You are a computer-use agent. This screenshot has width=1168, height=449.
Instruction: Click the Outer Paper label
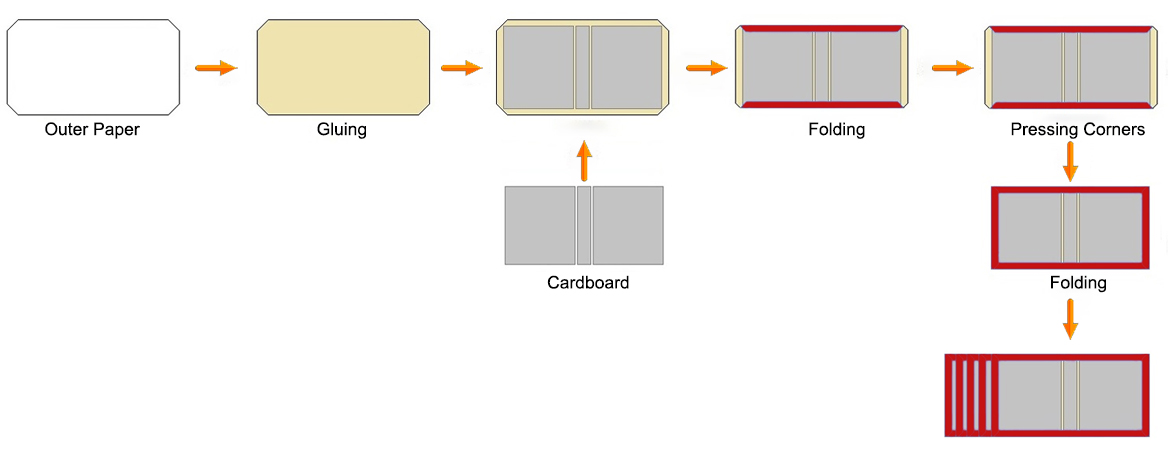click(x=92, y=130)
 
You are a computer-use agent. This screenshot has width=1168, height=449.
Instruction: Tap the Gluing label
click(x=341, y=130)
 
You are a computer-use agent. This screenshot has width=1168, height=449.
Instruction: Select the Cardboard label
click(x=588, y=283)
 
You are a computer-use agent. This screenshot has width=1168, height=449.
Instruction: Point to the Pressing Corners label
click(x=1077, y=130)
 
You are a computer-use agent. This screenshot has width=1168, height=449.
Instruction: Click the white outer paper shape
click(x=93, y=67)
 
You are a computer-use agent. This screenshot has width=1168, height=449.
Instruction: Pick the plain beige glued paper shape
click(x=343, y=67)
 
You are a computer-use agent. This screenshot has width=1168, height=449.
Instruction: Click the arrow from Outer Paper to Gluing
click(x=215, y=68)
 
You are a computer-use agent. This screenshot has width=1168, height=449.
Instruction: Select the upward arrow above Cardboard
click(x=585, y=161)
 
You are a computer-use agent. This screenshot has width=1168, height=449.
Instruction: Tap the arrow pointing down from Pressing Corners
click(x=1070, y=161)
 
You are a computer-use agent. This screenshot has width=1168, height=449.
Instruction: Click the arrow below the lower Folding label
click(x=1070, y=319)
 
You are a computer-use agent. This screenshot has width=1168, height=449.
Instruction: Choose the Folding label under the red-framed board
click(x=1078, y=283)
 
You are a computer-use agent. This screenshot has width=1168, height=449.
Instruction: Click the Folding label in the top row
click(x=836, y=130)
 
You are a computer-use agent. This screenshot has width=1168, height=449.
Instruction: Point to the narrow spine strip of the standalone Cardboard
click(x=584, y=225)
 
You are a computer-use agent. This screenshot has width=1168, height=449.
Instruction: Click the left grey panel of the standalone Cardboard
click(x=540, y=225)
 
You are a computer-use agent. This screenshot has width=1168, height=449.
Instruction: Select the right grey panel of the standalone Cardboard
click(x=628, y=225)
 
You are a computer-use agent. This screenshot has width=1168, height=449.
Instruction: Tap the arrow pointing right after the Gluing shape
click(x=461, y=68)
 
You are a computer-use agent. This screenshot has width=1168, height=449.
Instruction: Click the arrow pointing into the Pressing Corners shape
click(x=952, y=68)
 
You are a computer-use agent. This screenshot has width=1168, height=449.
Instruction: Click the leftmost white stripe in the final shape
click(x=954, y=395)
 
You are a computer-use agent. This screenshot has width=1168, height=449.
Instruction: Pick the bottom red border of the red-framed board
click(x=1070, y=264)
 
